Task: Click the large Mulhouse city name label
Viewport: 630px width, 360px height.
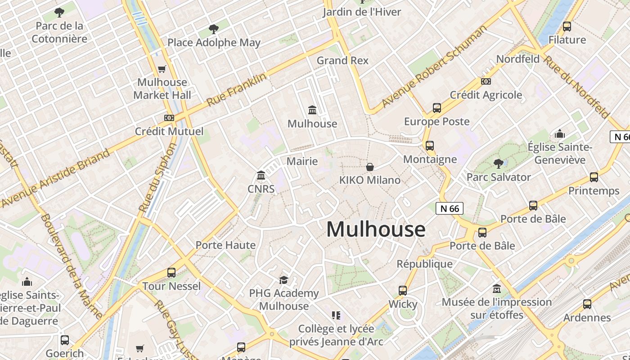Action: (x=376, y=229)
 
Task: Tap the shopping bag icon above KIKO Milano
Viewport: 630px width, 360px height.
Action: (x=370, y=167)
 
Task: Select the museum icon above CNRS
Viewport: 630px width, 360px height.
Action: (x=261, y=175)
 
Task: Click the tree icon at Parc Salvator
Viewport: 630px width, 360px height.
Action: (x=498, y=164)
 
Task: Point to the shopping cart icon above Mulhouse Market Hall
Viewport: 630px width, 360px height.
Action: (x=162, y=69)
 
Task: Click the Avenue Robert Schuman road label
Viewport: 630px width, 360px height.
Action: (x=434, y=67)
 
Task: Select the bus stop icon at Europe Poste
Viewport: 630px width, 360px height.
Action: (x=437, y=108)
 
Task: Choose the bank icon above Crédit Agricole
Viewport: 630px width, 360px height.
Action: (x=486, y=81)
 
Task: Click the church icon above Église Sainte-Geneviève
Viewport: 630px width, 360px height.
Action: (x=560, y=134)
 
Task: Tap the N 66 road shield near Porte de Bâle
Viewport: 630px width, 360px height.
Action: (x=449, y=208)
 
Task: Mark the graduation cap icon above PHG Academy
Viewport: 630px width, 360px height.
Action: (x=283, y=280)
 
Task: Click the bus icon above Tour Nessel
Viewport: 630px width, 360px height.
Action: (x=171, y=273)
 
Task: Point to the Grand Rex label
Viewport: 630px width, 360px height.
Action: (x=342, y=60)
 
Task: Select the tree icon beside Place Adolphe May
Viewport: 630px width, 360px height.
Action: (x=214, y=30)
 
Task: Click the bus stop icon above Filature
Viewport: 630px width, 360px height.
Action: (x=567, y=27)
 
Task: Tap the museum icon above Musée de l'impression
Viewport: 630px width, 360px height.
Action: (x=497, y=288)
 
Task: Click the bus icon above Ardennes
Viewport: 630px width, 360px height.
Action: (x=587, y=304)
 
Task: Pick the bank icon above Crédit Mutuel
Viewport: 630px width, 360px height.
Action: (x=169, y=118)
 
